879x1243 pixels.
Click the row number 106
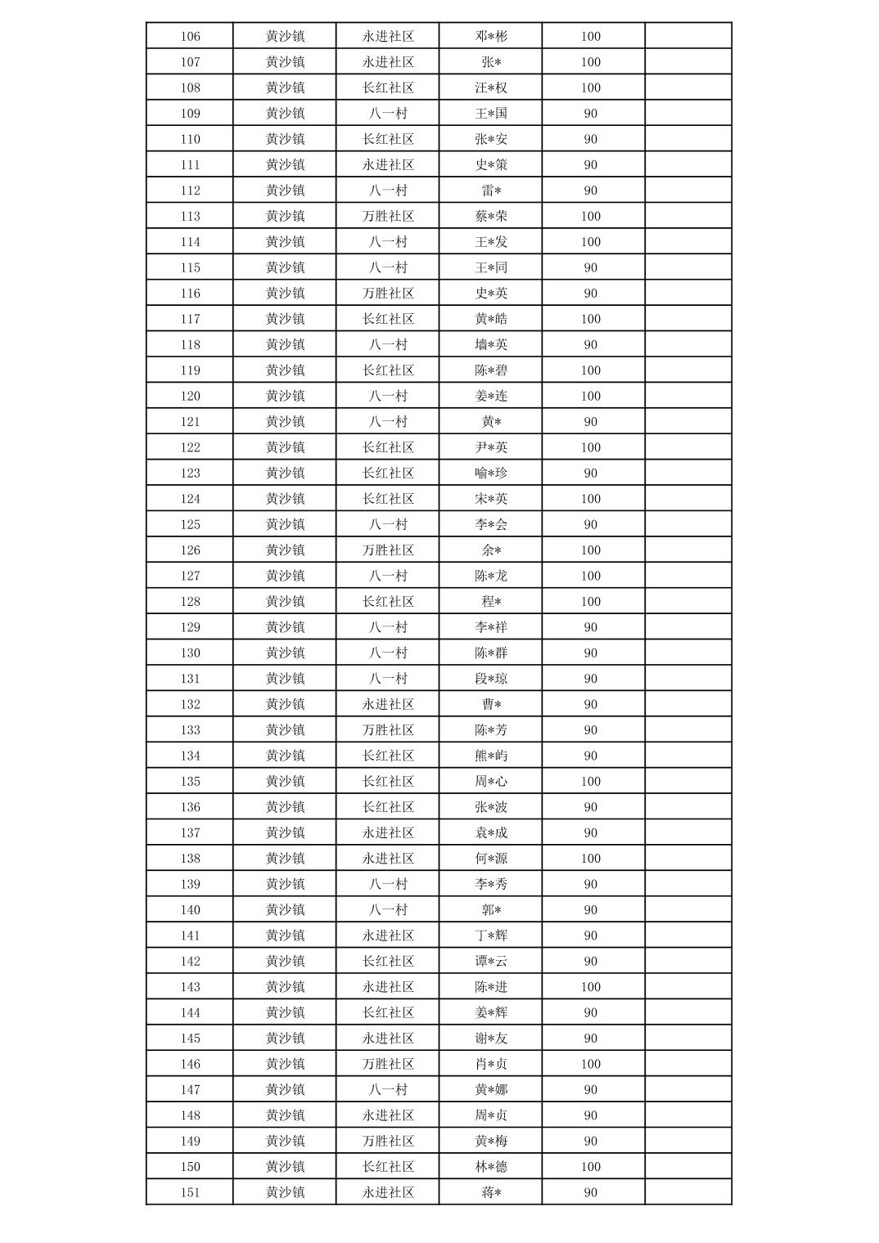[x=190, y=36]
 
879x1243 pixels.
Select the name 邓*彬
[x=491, y=36]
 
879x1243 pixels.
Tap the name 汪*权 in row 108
[x=491, y=88]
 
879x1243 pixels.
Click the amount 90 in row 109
[x=590, y=114]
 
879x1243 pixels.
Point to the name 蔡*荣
[x=491, y=216]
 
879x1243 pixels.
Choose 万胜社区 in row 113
[x=388, y=216]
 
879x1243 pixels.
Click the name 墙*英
[x=491, y=344]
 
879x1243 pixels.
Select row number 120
[x=190, y=396]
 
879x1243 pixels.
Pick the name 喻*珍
[x=491, y=473]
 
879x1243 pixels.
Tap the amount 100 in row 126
[x=590, y=550]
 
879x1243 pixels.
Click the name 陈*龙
[x=491, y=576]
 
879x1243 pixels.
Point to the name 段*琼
[x=491, y=679]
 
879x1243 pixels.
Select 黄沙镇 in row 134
[x=285, y=756]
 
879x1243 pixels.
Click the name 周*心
[x=491, y=781]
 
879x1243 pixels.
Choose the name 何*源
[x=491, y=859]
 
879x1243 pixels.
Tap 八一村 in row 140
[x=388, y=909]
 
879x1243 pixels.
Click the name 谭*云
[x=491, y=961]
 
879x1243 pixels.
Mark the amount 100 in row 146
[x=590, y=1064]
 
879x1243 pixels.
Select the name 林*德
[x=491, y=1167]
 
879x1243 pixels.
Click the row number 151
[x=190, y=1192]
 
